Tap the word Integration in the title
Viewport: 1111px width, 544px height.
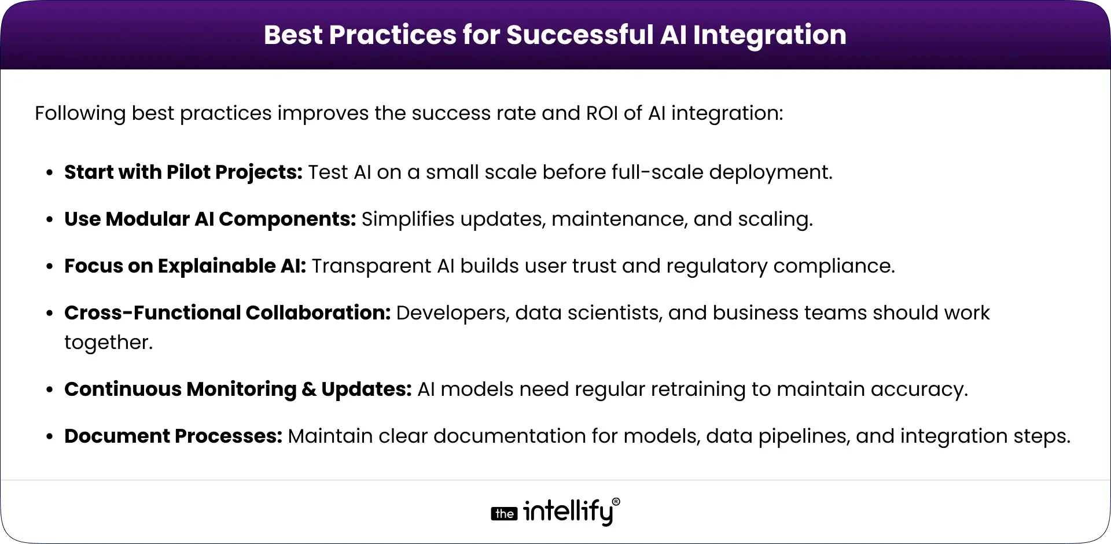[x=770, y=35]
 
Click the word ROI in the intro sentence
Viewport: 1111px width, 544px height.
[x=602, y=113]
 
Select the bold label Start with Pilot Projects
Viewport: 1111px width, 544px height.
[x=183, y=172]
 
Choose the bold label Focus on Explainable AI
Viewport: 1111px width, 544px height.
[x=185, y=266]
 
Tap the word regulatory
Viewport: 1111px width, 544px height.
[x=717, y=266]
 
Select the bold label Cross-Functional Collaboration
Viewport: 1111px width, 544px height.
[x=227, y=313]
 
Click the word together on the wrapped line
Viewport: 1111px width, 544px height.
[x=108, y=343]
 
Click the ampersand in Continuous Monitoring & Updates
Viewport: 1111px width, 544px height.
[x=309, y=389]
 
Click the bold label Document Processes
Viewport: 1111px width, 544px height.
[x=173, y=436]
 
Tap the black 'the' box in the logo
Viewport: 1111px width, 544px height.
[x=504, y=514]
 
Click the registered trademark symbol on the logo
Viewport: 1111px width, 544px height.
[x=616, y=502]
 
